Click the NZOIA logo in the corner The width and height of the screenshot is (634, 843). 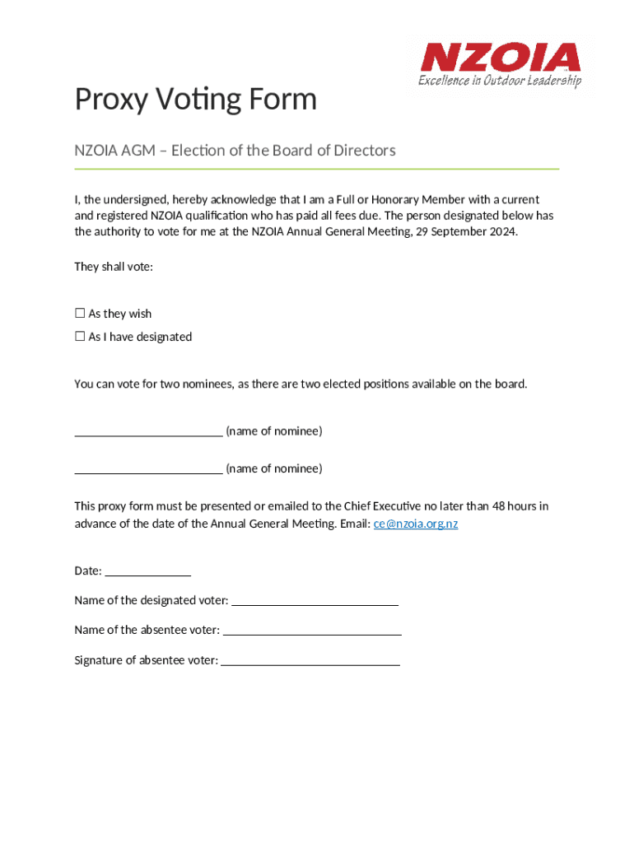(x=500, y=58)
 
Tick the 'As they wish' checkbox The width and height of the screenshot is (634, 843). (x=80, y=314)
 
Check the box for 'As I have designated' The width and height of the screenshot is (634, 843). (x=80, y=337)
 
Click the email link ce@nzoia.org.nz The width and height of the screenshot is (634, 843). (x=416, y=524)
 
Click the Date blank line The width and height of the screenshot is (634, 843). (x=148, y=571)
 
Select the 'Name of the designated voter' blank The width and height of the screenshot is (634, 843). (x=315, y=601)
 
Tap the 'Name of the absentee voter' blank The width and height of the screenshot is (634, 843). (x=312, y=631)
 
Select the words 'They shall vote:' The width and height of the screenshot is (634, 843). (x=114, y=267)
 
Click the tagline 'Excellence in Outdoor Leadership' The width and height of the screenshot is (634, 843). (x=499, y=81)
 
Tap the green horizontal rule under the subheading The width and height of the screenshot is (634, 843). (x=316, y=169)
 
